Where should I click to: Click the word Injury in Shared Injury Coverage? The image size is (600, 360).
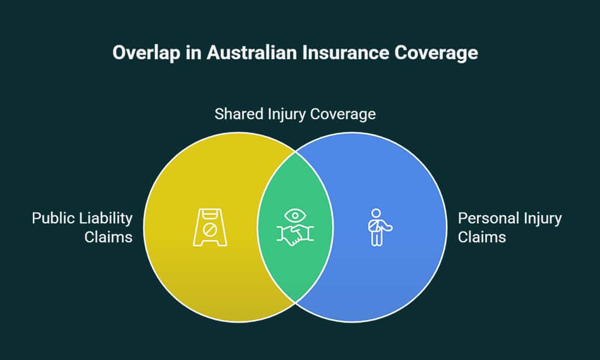point(283,114)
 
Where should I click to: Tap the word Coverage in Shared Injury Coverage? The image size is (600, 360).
point(342,114)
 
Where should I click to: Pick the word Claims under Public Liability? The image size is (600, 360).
point(108,237)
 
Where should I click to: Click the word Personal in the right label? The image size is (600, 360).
point(485,219)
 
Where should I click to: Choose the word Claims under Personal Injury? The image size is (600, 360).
point(482,237)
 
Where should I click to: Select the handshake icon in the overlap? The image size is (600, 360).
point(295,235)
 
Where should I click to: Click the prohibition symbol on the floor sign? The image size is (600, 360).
point(210,223)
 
